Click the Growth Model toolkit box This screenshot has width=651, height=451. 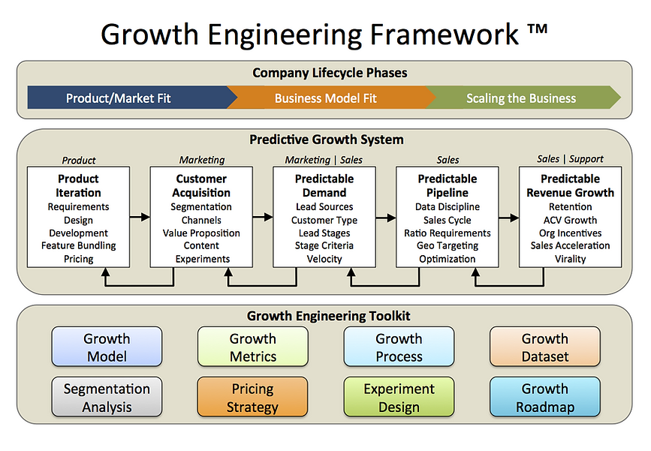107,347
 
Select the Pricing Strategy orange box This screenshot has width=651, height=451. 252,397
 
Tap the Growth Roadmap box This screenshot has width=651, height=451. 544,397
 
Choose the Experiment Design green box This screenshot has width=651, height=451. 399,397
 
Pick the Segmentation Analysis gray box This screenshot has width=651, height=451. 107,397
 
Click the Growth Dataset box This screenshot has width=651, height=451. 544,347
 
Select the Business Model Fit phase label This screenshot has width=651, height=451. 326,98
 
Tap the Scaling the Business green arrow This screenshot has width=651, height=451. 524,98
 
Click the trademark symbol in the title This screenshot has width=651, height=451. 538,29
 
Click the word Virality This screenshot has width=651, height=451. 570,259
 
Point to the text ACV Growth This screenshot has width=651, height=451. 570,220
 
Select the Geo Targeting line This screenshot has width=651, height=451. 448,245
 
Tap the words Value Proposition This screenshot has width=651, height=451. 201,233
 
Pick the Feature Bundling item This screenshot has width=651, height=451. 79,245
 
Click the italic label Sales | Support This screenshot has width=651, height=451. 570,159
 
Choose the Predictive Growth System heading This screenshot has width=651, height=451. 327,140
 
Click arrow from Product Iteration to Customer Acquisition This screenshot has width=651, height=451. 140,217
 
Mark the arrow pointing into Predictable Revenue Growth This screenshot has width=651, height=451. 509,218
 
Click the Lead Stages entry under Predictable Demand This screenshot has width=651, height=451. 324,233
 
